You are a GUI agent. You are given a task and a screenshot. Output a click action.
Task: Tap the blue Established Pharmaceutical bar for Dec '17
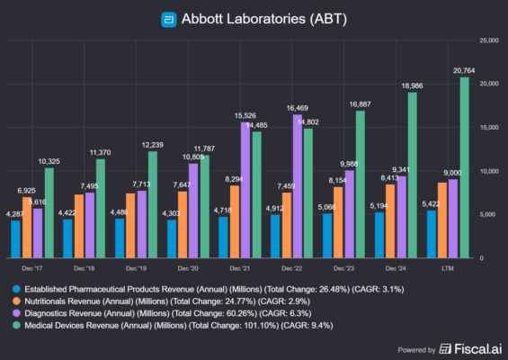[x=15, y=238]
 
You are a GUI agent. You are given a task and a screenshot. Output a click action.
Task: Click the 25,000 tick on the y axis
[x=487, y=40]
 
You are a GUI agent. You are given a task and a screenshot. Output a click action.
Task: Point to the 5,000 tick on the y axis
[x=486, y=214]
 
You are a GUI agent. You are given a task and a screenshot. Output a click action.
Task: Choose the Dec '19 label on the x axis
[x=136, y=268]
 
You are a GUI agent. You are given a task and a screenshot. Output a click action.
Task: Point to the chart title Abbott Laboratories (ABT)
[x=261, y=19]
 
